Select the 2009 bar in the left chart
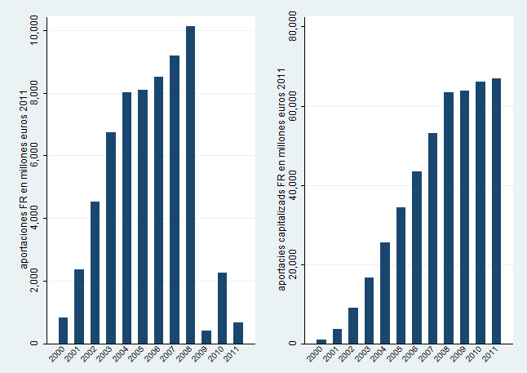[206, 337]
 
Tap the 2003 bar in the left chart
[111, 238]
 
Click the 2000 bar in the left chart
[64, 331]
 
